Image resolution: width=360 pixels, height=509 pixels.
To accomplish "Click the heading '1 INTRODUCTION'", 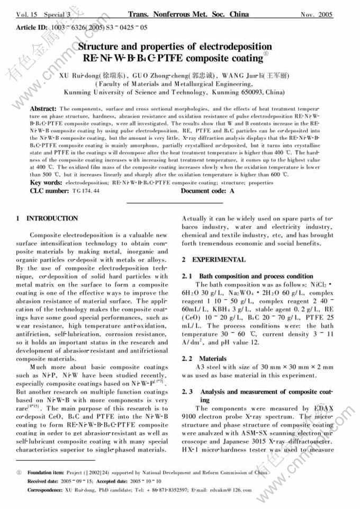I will [47, 218].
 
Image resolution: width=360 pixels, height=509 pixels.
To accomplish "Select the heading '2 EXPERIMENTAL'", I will [213, 260].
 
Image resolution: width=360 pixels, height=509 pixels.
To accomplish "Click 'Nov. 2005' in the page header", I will [317, 14].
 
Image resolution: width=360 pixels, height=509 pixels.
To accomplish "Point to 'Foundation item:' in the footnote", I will [46, 471].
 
